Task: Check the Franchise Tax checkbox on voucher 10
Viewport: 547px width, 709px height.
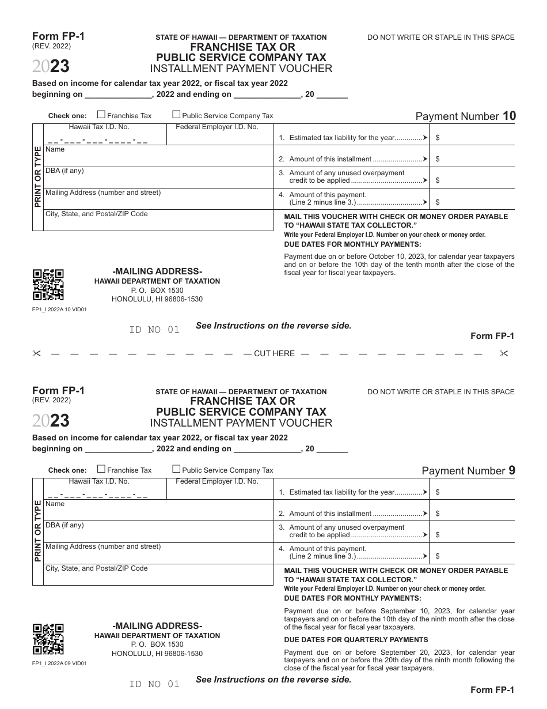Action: click(101, 115)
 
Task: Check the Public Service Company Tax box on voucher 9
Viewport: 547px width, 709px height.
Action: click(177, 469)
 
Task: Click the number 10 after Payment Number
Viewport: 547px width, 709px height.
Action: click(509, 116)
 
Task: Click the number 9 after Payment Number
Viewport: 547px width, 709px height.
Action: click(512, 470)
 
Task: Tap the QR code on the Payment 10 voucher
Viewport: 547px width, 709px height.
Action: click(48, 285)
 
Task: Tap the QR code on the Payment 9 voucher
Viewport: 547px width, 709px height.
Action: click(48, 639)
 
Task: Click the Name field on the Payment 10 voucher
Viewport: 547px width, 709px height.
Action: click(158, 156)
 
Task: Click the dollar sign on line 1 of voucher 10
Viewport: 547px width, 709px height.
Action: click(438, 138)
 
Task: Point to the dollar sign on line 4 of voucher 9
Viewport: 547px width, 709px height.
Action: click(438, 556)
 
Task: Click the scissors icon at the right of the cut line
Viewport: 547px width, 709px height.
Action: click(504, 353)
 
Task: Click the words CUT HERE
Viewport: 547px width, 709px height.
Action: click(274, 353)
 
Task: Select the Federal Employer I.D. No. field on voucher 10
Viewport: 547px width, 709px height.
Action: click(219, 138)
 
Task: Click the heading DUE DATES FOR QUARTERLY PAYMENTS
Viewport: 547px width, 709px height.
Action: click(356, 640)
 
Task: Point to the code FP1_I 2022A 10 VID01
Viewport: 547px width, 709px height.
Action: click(59, 309)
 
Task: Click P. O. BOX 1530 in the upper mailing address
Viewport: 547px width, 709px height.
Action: click(157, 291)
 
